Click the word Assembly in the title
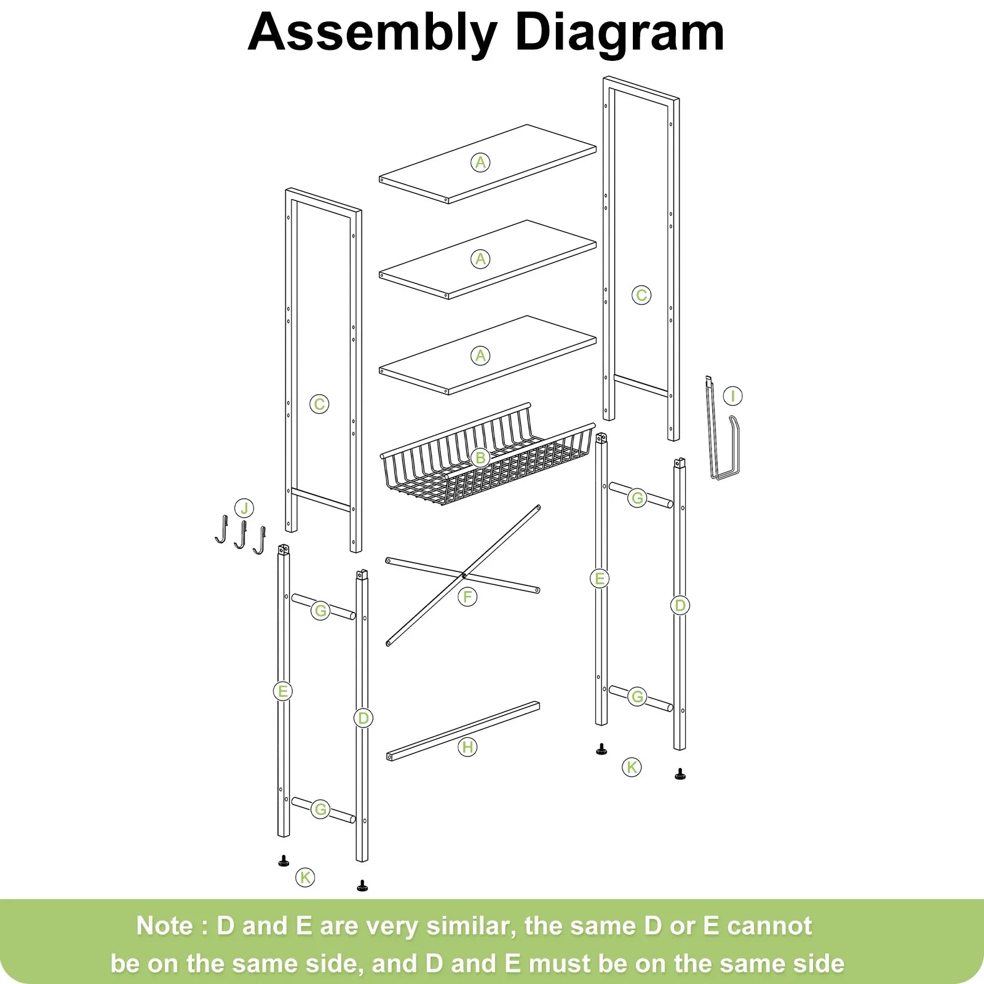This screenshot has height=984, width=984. pos(372,33)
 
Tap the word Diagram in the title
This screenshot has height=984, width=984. pos(620,33)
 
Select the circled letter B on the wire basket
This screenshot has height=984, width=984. pos(480,458)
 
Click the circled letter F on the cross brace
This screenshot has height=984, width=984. pos(467,597)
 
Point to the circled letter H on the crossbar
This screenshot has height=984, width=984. pos(467,747)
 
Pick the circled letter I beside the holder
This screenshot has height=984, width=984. pos(732,396)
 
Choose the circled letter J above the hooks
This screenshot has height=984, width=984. pos(244,509)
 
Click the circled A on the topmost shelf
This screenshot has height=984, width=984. pos(480,162)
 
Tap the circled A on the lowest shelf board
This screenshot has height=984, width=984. pos(480,355)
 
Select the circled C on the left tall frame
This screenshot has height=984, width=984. pos(319,404)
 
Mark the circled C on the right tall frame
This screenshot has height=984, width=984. pos(641,295)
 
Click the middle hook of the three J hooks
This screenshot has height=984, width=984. pos(240,535)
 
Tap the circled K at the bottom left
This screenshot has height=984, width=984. pos(305,877)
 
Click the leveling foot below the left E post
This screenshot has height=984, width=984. pos(284,861)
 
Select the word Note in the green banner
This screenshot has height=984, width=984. pos(164,926)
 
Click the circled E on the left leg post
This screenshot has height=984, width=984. pos(282,691)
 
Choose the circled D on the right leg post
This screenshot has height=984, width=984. pos(680,605)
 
